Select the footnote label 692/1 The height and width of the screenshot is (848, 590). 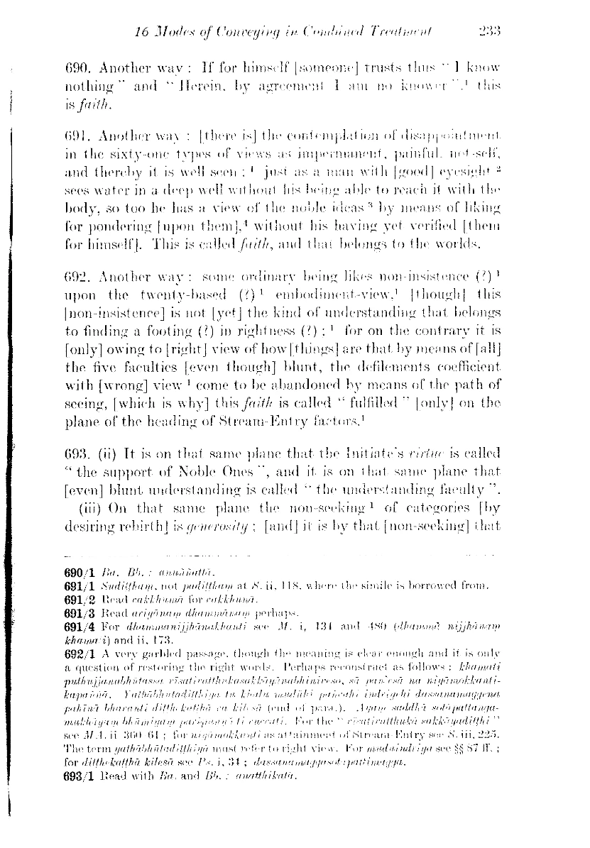tap(78, 646)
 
